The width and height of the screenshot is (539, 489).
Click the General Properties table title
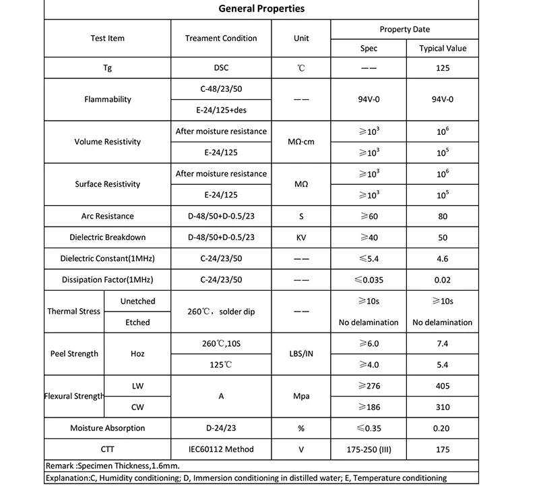[261, 9]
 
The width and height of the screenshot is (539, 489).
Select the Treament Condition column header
[221, 38]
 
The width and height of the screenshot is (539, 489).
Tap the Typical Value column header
[443, 49]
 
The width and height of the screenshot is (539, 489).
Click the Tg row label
[108, 68]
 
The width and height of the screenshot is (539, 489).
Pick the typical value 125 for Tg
[443, 68]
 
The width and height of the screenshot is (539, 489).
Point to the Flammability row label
[108, 99]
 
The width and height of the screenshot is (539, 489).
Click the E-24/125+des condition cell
[221, 110]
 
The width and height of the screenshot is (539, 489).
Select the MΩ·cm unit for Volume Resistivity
[301, 142]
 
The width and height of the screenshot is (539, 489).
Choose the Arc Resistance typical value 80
[443, 217]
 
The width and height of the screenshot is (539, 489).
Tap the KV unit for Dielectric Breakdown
[301, 237]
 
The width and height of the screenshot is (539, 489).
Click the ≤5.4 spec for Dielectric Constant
[369, 258]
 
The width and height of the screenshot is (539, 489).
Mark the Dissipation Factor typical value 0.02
[443, 279]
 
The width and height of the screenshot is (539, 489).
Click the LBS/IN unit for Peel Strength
[301, 354]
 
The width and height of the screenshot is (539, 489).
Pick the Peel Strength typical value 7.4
[443, 344]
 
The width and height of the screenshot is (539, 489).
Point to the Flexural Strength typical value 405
[443, 386]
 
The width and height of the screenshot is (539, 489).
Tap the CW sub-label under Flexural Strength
[137, 407]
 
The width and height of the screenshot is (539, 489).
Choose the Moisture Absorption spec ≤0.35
[369, 428]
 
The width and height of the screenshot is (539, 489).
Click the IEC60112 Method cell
[221, 449]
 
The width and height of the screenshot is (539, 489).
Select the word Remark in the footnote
[60, 466]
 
